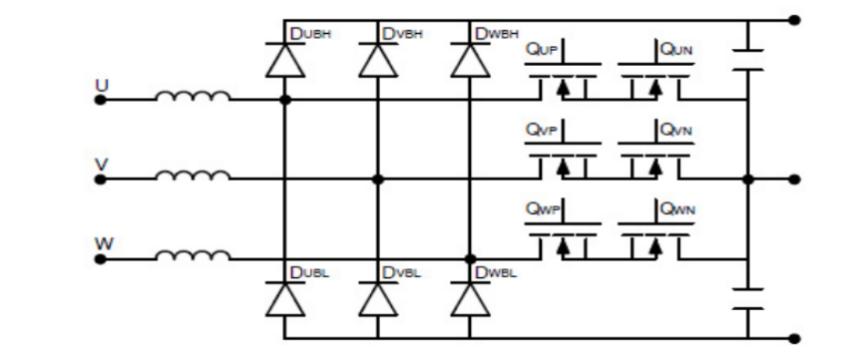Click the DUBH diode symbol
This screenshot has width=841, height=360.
point(285,61)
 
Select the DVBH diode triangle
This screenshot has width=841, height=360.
point(377,61)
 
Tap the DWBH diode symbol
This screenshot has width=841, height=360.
point(468,61)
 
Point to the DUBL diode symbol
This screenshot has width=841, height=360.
point(285,299)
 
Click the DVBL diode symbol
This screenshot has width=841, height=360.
point(377,299)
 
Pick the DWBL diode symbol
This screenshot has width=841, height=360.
point(468,299)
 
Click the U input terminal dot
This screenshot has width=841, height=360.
point(100,100)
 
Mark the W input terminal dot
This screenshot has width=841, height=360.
point(100,259)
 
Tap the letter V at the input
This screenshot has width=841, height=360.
point(100,163)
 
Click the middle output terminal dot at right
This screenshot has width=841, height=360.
point(794,180)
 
